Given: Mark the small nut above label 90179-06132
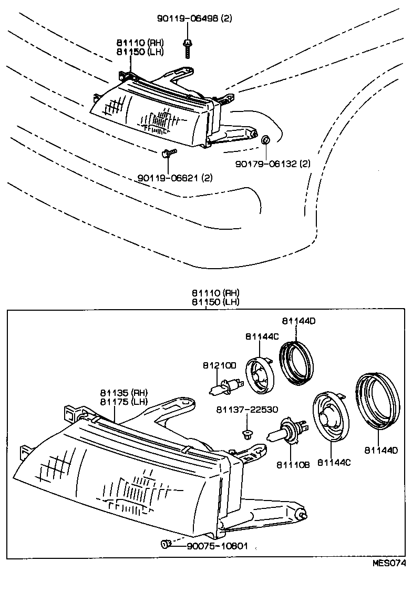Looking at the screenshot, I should click(265, 139).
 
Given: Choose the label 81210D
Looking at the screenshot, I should click(219, 365).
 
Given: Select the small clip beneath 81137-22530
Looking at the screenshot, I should click(245, 434).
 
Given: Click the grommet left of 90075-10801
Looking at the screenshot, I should click(165, 544).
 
